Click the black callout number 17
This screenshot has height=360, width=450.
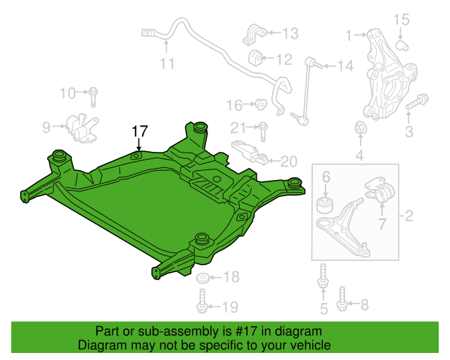[139, 131]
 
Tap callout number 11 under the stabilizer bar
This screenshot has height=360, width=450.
[167, 63]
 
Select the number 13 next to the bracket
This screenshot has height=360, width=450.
[290, 33]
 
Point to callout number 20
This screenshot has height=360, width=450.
[289, 162]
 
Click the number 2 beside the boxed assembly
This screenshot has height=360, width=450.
[409, 216]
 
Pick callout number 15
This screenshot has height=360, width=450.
[401, 20]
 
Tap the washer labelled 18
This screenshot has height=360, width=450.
[202, 278]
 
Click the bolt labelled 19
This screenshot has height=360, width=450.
[202, 301]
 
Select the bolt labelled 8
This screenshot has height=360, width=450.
[342, 299]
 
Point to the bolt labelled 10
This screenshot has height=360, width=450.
[93, 97]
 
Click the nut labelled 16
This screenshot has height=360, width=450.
[261, 104]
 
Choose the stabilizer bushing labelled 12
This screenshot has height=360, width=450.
[255, 58]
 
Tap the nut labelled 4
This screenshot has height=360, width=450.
[360, 127]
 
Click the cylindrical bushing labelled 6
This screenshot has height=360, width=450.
[325, 205]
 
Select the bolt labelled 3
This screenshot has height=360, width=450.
[417, 102]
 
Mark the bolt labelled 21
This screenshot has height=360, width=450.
[263, 131]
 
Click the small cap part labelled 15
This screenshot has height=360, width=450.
[402, 46]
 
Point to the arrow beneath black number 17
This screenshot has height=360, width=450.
[139, 144]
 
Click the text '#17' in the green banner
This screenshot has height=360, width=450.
[246, 332]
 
